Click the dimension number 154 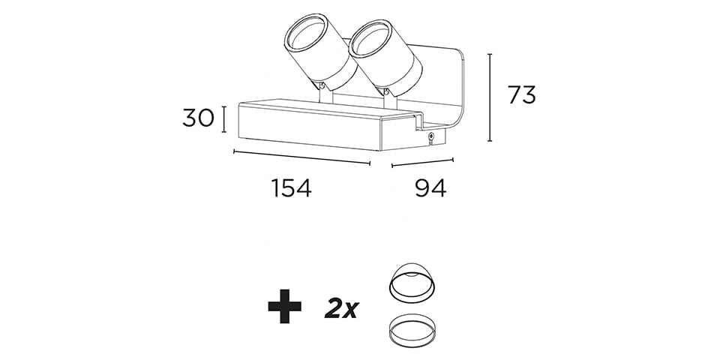pos(291,187)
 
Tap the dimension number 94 pos(430,187)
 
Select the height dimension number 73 pos(522,95)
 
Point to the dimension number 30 pos(198,118)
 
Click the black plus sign pos(285,306)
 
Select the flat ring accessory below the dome pos(412,330)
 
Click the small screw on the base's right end pos(431,136)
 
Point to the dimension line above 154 pos(301,157)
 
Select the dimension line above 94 pos(422,163)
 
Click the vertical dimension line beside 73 pos(490,97)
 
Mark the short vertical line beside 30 pos(224,119)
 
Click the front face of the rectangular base pos(308,128)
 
